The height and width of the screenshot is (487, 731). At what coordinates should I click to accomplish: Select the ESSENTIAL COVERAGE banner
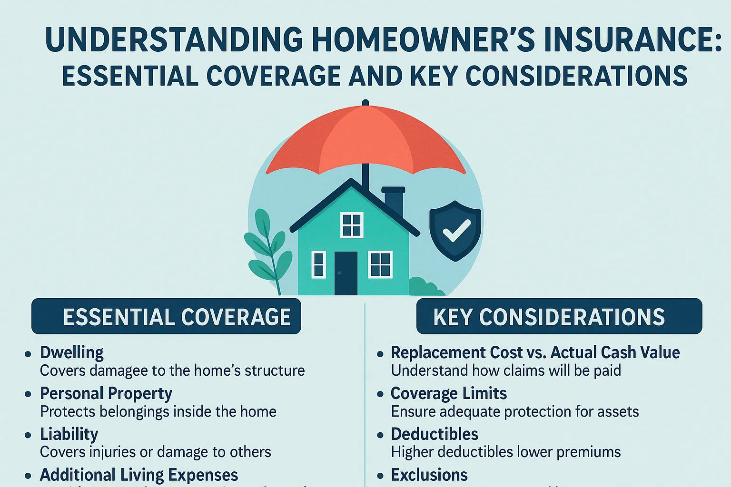point(166,316)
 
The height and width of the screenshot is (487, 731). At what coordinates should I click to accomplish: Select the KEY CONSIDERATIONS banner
point(559,316)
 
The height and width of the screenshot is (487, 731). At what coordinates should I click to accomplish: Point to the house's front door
point(346,273)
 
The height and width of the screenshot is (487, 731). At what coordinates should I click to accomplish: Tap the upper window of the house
point(352,225)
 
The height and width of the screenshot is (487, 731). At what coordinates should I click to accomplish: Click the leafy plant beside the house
point(267,247)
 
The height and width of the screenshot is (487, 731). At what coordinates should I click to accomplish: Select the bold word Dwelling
point(72,352)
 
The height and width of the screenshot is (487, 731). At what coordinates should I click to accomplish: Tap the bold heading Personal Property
point(106,393)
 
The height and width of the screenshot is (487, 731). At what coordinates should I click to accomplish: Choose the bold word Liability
point(69,434)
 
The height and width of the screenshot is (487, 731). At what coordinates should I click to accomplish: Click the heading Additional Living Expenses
point(139,475)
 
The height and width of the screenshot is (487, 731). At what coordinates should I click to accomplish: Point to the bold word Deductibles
point(435,434)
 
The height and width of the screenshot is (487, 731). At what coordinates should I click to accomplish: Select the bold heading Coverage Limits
point(449,393)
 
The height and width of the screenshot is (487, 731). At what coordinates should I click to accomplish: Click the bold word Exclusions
point(429,475)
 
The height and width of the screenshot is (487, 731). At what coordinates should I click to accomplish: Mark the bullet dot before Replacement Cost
point(380,354)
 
